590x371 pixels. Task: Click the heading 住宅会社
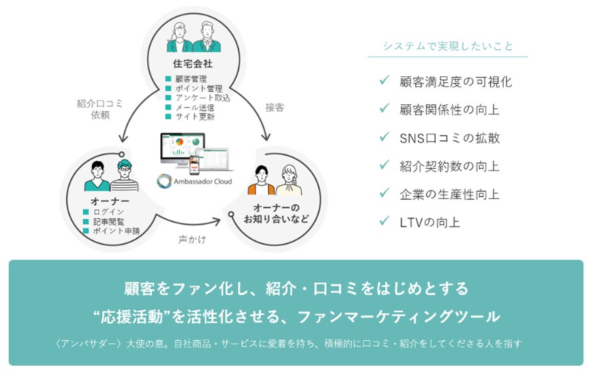coord(193,64)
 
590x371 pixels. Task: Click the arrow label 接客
coord(275,107)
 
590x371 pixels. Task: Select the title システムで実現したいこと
coord(448,46)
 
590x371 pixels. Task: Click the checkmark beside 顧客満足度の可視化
coord(384,81)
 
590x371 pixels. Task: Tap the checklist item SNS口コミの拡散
coord(446,138)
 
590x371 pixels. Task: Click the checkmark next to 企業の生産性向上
coord(384,193)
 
